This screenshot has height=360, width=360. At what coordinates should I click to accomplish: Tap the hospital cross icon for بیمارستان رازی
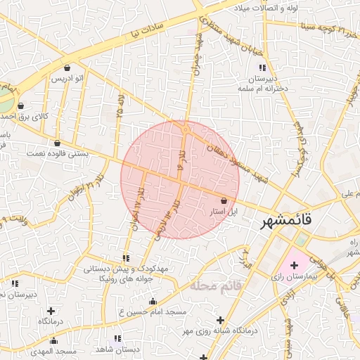[x=294, y=264]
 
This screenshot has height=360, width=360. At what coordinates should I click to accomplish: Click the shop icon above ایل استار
[x=224, y=200]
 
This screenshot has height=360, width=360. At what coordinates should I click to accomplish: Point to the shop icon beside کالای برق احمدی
[x=21, y=105]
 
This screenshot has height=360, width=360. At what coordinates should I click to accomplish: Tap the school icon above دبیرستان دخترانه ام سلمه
[x=262, y=67]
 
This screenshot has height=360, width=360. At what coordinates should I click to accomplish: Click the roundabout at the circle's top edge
[x=185, y=129]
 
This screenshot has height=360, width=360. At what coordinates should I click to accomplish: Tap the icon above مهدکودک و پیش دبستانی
[x=126, y=258]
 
